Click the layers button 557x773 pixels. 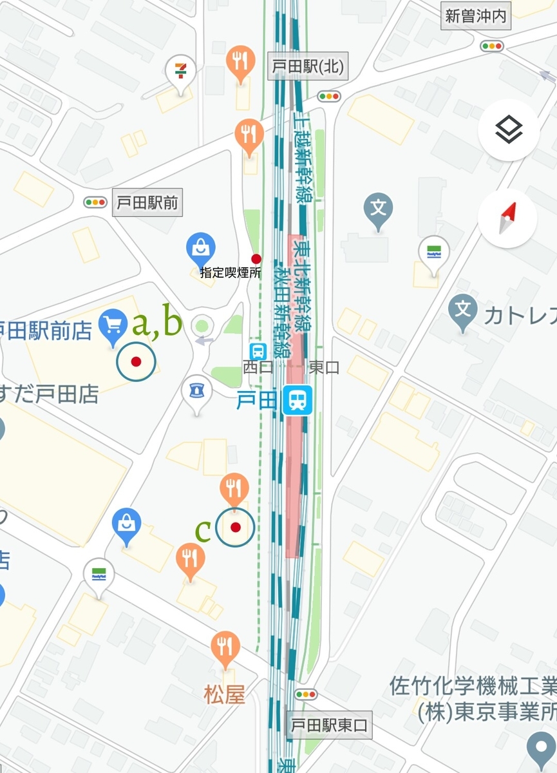[x=509, y=130]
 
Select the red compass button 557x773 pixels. [x=508, y=218]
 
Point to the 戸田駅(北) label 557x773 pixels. [x=307, y=67]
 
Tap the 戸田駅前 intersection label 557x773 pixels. [x=147, y=203]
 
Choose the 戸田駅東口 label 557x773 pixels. [x=328, y=725]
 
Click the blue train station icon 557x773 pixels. [x=297, y=400]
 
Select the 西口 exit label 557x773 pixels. [x=258, y=367]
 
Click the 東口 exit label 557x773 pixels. [x=324, y=367]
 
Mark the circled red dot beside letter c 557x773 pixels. [x=235, y=528]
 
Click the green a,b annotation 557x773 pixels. [x=156, y=323]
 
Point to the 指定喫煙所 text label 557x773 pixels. [x=231, y=273]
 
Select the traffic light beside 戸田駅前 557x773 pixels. [x=95, y=202]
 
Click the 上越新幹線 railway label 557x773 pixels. [x=303, y=161]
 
